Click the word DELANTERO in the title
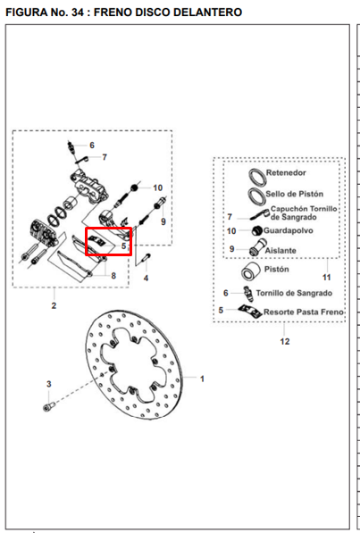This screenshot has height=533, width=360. click(208, 12)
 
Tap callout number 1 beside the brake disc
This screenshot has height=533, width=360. click(202, 379)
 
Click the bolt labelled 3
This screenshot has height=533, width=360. click(47, 406)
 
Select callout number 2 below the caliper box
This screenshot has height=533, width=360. click(54, 305)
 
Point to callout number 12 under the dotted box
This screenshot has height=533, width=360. click(285, 341)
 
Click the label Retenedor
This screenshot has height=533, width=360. click(286, 172)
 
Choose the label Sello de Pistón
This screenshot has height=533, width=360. click(294, 194)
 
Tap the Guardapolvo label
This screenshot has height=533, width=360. click(289, 230)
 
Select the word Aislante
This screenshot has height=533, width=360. click(280, 251)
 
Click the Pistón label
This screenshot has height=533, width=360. click(277, 270)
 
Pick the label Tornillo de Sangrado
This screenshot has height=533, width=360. click(294, 293)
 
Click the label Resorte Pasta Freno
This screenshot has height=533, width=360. click(304, 312)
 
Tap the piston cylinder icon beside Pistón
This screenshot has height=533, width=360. click(251, 271)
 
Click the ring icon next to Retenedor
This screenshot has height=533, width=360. click(257, 177)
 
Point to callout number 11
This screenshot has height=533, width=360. click(327, 278)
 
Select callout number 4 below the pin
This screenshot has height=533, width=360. click(146, 278)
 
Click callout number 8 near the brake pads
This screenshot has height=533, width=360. click(113, 276)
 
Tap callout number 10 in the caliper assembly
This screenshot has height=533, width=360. click(158, 188)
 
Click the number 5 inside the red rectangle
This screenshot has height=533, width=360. click(124, 246)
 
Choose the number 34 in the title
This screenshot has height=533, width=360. click(79, 12)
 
